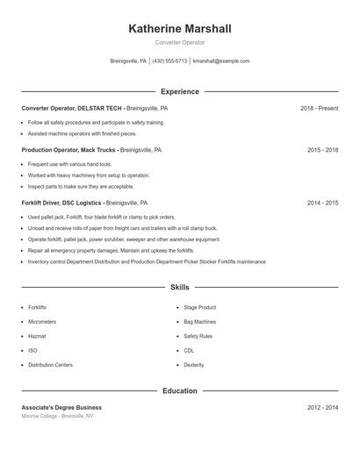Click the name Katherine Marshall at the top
[180, 29]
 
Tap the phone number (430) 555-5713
[169, 61]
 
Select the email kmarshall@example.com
[221, 61]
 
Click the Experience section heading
[180, 91]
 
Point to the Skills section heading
[180, 287]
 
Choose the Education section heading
[180, 390]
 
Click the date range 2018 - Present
[319, 108]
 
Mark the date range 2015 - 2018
[322, 150]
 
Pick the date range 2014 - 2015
[322, 203]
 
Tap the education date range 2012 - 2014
[322, 407]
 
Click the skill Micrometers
[42, 322]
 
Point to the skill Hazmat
[37, 336]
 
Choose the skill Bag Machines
[200, 322]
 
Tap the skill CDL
[189, 350]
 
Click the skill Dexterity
[194, 364]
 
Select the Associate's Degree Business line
[61, 407]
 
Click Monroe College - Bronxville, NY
[58, 416]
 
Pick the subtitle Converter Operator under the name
[180, 42]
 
